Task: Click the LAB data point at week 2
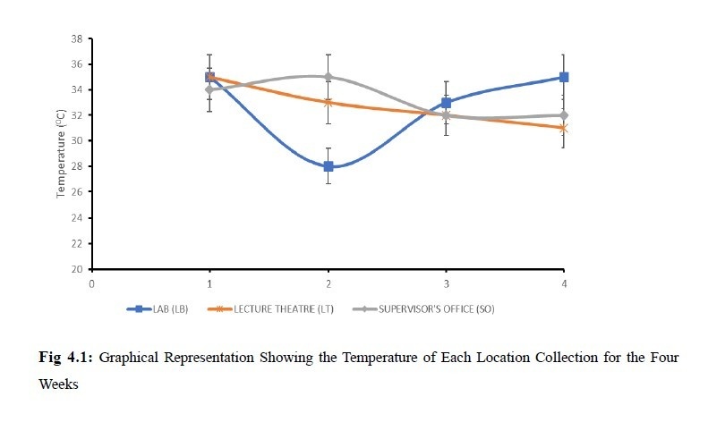tap(328, 166)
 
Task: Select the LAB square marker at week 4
tap(565, 77)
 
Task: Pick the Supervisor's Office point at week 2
tap(328, 77)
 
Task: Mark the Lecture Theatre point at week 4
tap(565, 128)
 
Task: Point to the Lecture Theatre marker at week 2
tap(328, 102)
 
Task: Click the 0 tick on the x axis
tap(91, 283)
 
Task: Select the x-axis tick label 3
tap(447, 283)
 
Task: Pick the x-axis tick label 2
tap(328, 283)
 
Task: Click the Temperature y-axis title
tap(61, 154)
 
